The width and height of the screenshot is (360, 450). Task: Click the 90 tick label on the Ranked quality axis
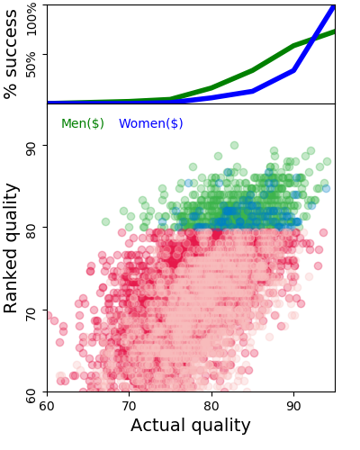tap(30, 146)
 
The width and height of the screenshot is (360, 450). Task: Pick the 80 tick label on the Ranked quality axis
tap(30, 229)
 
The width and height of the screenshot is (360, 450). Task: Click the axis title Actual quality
tap(191, 426)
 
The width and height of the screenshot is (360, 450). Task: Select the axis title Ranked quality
tap(12, 247)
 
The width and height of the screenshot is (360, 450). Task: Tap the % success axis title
tap(12, 54)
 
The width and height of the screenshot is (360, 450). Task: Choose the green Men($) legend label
tap(83, 123)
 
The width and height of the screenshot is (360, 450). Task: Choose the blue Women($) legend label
tap(151, 123)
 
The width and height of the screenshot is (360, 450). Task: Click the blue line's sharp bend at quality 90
tap(294, 70)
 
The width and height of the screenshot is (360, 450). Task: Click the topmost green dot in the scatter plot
tap(234, 145)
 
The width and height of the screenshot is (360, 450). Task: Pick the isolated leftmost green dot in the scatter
tap(105, 221)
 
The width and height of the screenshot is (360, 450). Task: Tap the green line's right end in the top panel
tap(335, 31)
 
